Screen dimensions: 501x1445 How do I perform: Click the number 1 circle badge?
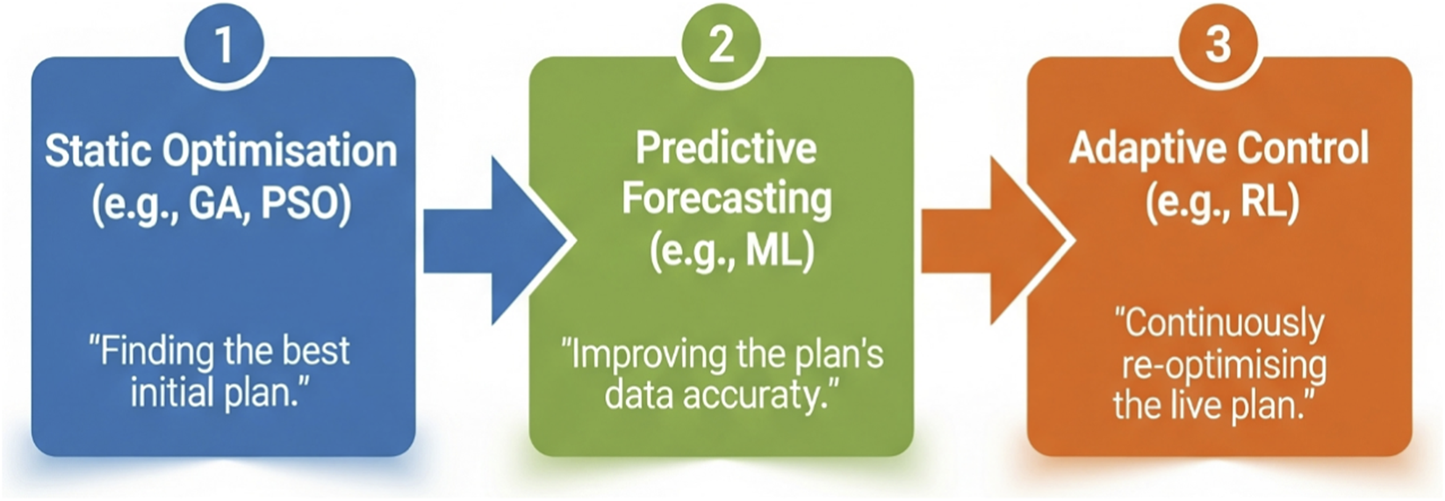(224, 44)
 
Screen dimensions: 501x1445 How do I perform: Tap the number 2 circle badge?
(721, 44)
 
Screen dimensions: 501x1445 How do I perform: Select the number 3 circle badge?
(1218, 44)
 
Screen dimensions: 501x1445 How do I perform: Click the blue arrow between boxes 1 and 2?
(492, 241)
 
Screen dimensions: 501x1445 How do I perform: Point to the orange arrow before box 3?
(992, 241)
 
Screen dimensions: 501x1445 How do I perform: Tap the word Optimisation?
(281, 151)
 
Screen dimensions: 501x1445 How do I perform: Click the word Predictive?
(726, 148)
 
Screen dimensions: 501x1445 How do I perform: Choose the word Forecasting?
(726, 199)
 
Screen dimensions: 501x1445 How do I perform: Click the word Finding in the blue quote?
(150, 351)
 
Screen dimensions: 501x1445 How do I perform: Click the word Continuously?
(1222, 323)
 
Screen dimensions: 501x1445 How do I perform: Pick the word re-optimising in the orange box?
(1224, 366)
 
